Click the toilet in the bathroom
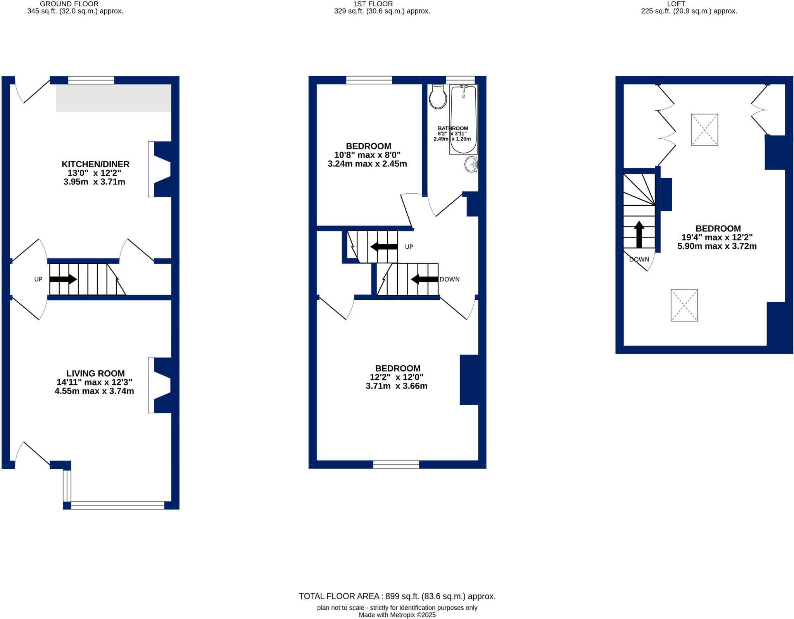pos(438,98)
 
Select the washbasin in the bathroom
pos(471,164)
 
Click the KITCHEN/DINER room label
pos(95,164)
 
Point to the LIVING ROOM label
pos(95,373)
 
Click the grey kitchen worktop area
pos(113,98)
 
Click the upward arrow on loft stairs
pos(639,234)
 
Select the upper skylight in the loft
pos(704,130)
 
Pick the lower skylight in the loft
pos(684,305)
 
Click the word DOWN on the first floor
pos(449,279)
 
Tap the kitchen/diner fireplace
pos(162,169)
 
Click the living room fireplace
pos(162,385)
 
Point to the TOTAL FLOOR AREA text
pos(397,597)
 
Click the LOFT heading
pos(676,4)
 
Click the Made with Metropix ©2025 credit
pos(397,615)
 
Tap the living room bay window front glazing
pos(118,505)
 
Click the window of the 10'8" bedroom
pos(369,80)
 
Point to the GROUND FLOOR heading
pos(69,4)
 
